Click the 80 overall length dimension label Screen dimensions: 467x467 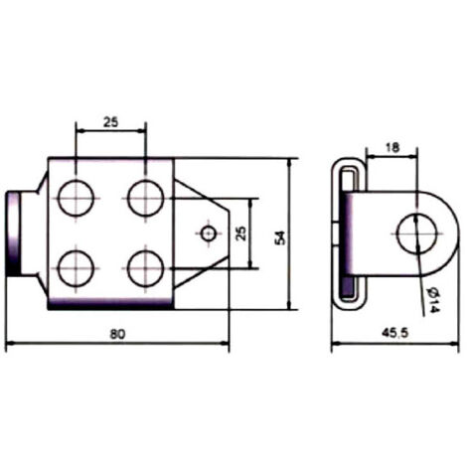(118, 334)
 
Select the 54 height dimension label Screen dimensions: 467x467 (280, 237)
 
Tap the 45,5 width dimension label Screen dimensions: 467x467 (395, 333)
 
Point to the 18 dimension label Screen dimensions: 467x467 (392, 148)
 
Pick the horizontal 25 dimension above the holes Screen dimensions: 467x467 (110, 122)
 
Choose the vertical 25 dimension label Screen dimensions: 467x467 (241, 233)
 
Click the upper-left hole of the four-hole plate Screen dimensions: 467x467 (76, 198)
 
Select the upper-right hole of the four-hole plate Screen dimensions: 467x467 (146, 198)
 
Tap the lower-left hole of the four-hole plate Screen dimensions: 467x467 (76, 268)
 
